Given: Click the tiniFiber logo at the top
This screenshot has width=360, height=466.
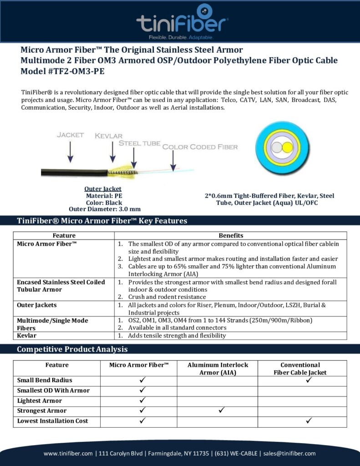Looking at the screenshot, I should click(x=182, y=20).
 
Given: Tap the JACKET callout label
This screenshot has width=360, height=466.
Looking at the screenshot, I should click(x=70, y=135).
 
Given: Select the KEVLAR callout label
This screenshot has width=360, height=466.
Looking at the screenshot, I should click(x=109, y=136).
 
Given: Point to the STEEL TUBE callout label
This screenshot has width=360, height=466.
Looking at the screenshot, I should click(x=139, y=143).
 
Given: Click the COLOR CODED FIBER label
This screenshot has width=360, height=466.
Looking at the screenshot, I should click(x=200, y=147).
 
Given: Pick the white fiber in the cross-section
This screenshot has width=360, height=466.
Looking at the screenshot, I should click(x=277, y=148).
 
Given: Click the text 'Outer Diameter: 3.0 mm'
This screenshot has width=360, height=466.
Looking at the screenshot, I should click(x=104, y=209).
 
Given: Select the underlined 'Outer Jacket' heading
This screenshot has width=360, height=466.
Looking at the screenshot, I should click(x=103, y=189).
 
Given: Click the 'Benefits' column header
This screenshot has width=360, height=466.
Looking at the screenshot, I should click(x=231, y=236).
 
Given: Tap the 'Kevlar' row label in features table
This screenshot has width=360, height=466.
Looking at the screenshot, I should click(x=27, y=335).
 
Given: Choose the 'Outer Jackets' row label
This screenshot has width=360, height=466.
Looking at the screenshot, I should click(x=37, y=305).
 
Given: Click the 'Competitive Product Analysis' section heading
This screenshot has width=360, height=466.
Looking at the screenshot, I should click(x=72, y=349).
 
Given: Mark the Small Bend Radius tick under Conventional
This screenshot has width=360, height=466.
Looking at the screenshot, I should click(x=309, y=380).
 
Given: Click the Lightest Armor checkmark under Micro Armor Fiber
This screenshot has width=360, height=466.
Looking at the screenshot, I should click(x=142, y=400).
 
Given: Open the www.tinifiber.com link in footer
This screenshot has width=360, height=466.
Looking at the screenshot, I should click(x=69, y=453).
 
